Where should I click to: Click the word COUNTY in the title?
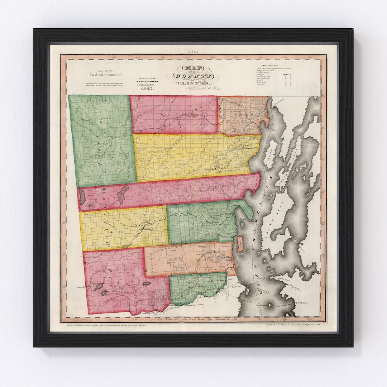[193, 76]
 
